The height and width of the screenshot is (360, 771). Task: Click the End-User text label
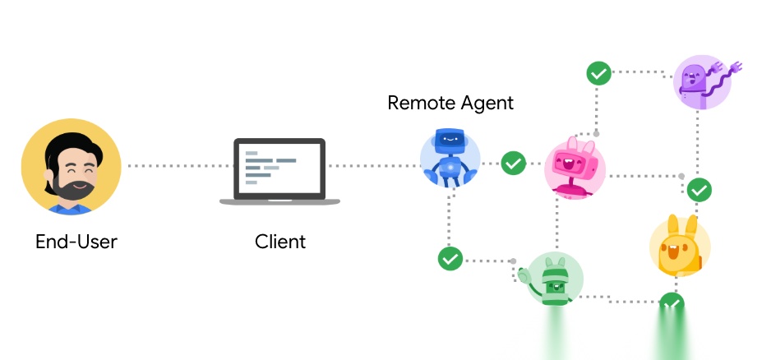[76, 242]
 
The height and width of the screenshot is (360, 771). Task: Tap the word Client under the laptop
[279, 242]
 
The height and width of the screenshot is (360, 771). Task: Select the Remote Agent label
[450, 103]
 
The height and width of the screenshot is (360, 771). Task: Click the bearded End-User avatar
[71, 167]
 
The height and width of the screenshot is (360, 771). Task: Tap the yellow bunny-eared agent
[680, 245]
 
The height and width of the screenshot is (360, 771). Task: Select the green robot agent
[556, 279]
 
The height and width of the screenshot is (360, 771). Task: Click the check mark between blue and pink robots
[514, 163]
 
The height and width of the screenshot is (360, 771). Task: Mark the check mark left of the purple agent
[598, 72]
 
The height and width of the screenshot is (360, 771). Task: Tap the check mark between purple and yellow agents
[699, 190]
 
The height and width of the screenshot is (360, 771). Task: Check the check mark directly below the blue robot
[450, 258]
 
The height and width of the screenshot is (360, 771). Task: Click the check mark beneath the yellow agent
[672, 305]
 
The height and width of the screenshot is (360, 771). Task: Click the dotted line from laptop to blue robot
[374, 166]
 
